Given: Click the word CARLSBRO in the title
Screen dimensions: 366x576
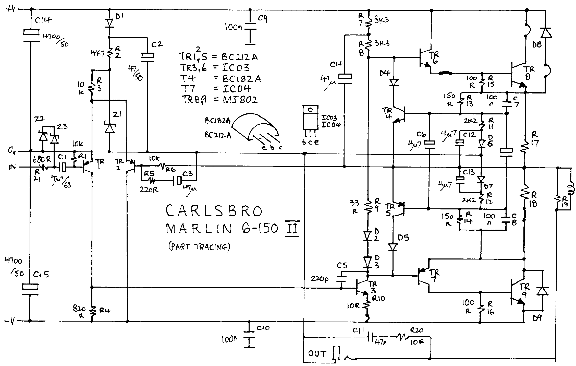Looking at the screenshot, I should tap(214, 211).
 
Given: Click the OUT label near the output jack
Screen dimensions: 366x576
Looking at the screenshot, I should tap(317, 354).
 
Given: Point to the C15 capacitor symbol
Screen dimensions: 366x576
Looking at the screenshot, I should tap(30, 290).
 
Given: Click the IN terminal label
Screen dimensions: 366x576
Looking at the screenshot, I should tap(12, 167).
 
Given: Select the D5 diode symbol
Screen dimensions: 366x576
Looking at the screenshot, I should tap(393, 247).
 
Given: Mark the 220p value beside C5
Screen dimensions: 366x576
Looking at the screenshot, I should tap(320, 279).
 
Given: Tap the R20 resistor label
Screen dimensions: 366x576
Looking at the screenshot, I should tap(416, 330).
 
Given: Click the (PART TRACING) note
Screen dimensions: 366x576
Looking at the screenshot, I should tap(199, 247).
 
